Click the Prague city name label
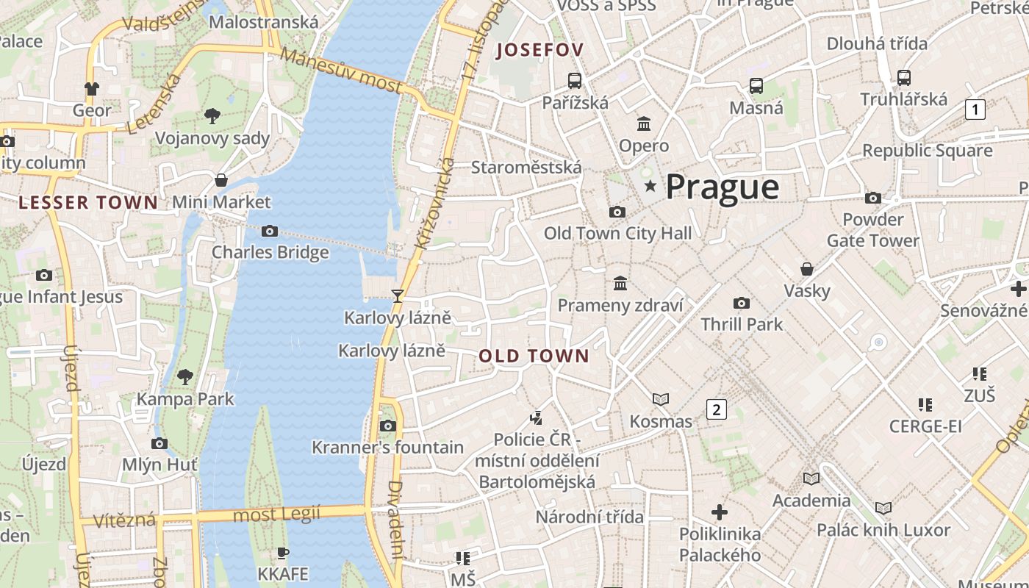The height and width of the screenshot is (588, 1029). pos(722,187)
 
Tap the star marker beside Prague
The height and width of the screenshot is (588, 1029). pos(650,187)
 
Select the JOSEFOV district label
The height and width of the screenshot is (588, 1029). pos(540,51)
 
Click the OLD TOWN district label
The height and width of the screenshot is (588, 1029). pos(534,356)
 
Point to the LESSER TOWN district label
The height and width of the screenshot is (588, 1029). pos(88,203)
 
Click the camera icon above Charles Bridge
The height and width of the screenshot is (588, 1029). pos(270,232)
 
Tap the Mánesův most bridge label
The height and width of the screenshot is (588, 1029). pos(341,71)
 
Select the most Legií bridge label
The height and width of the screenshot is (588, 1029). pos(276,514)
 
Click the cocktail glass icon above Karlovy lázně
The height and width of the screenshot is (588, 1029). pos(398,296)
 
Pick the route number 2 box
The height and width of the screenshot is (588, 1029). pos(716,409)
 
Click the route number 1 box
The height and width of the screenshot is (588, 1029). pos(975,110)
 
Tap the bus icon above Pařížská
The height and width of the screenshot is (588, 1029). pos(575,81)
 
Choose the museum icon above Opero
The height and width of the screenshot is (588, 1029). pos(644,123)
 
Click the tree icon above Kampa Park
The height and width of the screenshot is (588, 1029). pos(185,377)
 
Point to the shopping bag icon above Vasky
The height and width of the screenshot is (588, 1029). pos(807,269)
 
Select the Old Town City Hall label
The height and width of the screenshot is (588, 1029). pos(617,234)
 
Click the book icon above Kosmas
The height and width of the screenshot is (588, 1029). pos(661,399)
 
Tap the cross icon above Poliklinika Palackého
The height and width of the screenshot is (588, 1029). pos(720,512)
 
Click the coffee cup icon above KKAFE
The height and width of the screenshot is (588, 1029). pos(283,553)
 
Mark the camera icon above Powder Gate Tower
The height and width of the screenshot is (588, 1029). pos(873,198)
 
